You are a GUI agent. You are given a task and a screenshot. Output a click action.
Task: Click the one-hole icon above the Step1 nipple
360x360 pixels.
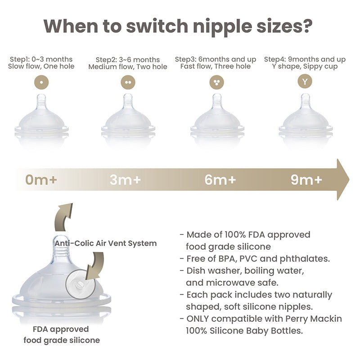[41, 82]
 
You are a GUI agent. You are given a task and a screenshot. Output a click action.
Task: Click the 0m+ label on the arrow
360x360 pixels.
[41, 180]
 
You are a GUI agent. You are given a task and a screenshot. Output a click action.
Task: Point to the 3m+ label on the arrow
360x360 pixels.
[125, 180]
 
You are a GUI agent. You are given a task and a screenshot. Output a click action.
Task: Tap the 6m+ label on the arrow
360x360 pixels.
[220, 180]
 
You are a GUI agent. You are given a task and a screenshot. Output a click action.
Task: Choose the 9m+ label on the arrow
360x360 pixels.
[306, 180]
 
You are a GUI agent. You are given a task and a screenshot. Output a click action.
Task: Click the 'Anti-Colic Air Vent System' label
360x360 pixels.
[106, 243]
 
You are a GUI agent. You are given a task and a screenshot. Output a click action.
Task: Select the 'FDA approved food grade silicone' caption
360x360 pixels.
[62, 334]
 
